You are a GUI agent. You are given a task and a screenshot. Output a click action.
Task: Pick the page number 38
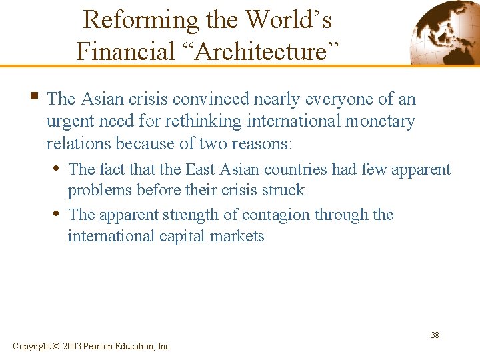pos(435,335)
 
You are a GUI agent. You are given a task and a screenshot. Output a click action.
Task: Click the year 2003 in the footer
pos(73,346)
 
